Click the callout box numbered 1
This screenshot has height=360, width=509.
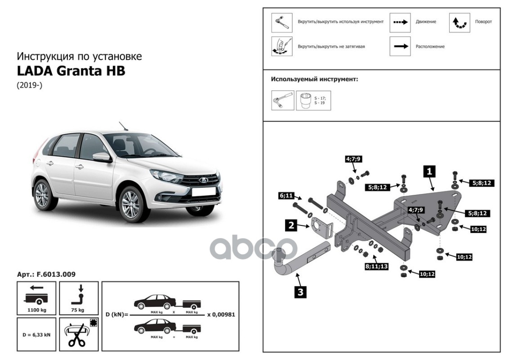click(429, 171)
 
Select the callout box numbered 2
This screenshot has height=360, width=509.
click(292, 225)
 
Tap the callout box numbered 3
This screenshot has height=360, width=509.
click(300, 292)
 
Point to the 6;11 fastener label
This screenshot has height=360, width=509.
click(286, 196)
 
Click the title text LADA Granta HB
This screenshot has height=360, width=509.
click(71, 71)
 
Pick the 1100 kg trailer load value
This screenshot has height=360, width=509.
click(36, 310)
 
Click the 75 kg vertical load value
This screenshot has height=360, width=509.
click(78, 310)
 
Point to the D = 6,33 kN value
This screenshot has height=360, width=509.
click(36, 334)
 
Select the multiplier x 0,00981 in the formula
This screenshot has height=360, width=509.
click(221, 315)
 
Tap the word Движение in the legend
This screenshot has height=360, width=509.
click(425, 22)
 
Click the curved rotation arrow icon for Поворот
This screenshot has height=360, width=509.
click(460, 22)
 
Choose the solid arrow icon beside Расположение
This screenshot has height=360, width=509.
click(400, 46)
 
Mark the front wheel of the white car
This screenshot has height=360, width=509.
click(131, 203)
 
